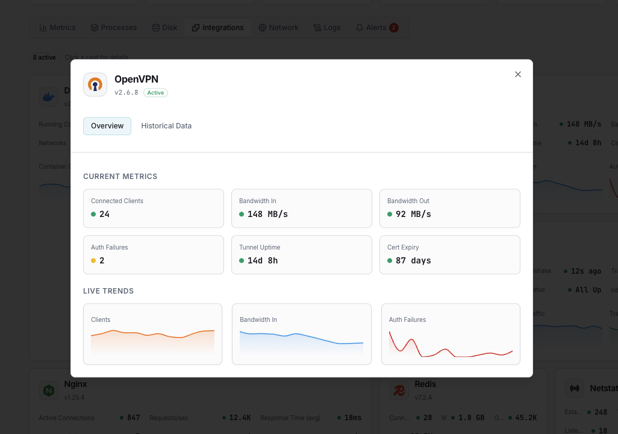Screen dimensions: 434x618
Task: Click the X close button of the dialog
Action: point(517,74)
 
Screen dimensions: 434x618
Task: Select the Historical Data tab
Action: point(166,126)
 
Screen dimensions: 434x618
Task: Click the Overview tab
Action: point(107,126)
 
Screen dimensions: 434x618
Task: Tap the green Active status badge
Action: point(155,93)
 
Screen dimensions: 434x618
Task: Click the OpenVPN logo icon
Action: point(95,84)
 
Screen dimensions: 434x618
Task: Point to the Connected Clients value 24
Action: point(104,214)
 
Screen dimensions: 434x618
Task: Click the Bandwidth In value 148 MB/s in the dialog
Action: point(267,214)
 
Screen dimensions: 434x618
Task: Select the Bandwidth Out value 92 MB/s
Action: point(413,214)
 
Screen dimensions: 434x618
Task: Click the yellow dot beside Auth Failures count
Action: point(93,260)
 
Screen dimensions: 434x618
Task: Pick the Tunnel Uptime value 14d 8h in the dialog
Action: point(263,260)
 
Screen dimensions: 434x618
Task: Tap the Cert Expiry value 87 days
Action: point(413,260)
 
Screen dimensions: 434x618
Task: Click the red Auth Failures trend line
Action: point(446,350)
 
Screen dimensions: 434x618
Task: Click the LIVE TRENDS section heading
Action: point(108,291)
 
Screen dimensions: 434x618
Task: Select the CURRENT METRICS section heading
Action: point(120,177)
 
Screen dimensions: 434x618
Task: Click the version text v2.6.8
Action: point(126,93)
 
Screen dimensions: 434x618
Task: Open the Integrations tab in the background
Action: point(218,28)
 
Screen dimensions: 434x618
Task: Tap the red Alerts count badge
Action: point(394,28)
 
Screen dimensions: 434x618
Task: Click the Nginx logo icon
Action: point(48,391)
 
